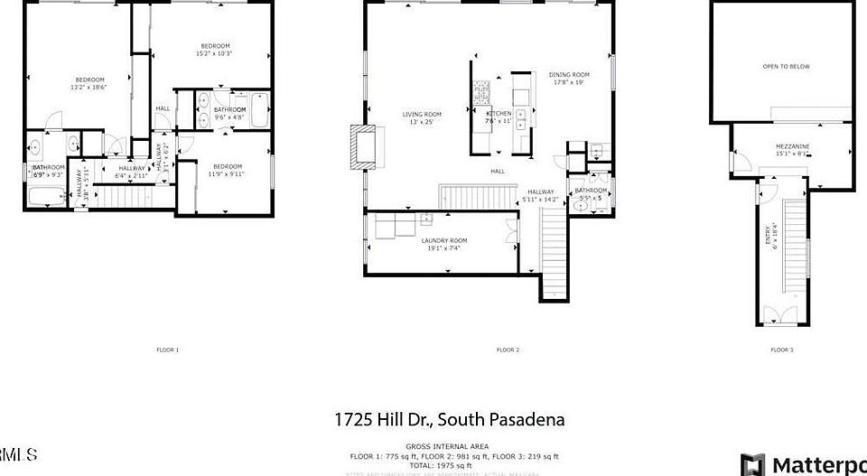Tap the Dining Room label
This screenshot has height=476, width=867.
pyautogui.click(x=569, y=79)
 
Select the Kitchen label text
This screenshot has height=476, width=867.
pyautogui.click(x=499, y=117)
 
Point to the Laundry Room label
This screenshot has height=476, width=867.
pyautogui.click(x=443, y=243)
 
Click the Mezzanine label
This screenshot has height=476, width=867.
pyautogui.click(x=792, y=150)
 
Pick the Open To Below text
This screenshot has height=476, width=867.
pyautogui.click(x=786, y=66)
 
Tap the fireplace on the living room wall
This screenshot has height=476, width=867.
pyautogui.click(x=364, y=145)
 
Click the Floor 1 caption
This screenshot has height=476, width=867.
pyautogui.click(x=167, y=350)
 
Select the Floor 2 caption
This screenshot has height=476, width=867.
pyautogui.click(x=507, y=350)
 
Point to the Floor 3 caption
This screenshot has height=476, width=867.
pyautogui.click(x=781, y=350)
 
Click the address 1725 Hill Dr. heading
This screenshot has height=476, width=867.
pyautogui.click(x=449, y=420)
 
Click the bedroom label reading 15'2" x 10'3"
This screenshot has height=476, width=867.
pyautogui.click(x=215, y=50)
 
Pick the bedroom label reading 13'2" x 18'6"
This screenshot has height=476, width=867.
pyautogui.click(x=89, y=83)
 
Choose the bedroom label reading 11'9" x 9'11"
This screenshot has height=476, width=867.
pyautogui.click(x=228, y=170)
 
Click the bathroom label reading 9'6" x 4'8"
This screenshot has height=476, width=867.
pyautogui.click(x=229, y=113)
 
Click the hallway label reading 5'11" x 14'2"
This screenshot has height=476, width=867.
pyautogui.click(x=541, y=194)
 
